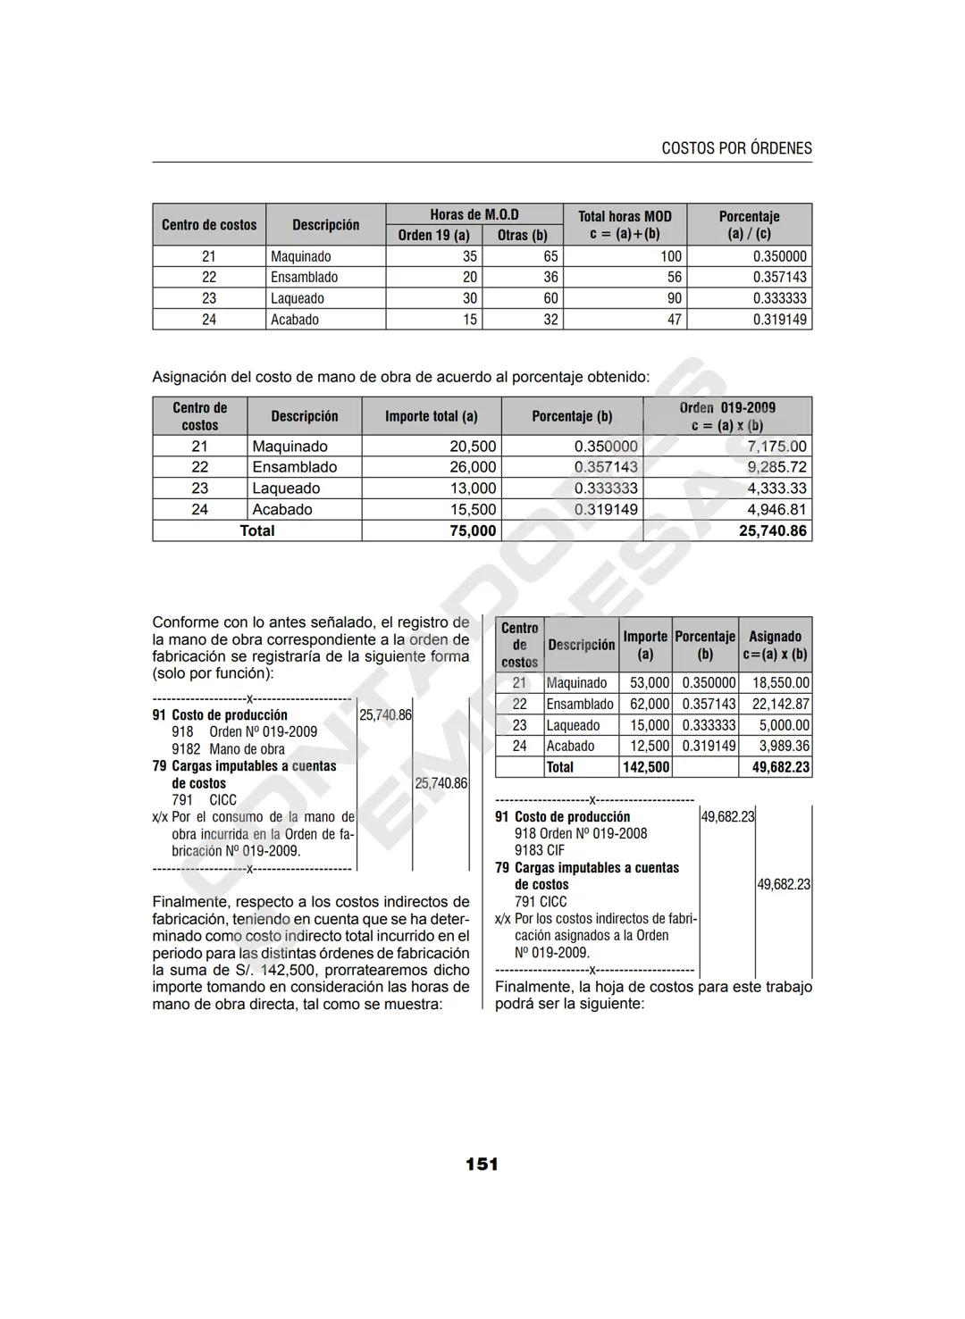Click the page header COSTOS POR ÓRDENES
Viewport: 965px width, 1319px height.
click(736, 148)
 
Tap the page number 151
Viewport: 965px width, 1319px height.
click(482, 1164)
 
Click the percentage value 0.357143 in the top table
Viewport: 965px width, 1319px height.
click(779, 277)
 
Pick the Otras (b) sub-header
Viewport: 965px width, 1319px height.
click(522, 235)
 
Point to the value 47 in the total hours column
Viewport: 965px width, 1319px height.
click(675, 320)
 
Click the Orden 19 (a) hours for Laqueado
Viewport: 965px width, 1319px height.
click(469, 298)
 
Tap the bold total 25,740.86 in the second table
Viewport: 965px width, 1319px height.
click(772, 530)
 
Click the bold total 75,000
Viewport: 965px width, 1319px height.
click(472, 530)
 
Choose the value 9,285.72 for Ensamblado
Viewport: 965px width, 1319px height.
click(776, 467)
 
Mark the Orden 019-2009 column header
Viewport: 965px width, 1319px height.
click(727, 416)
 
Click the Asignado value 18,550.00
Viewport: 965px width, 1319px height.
click(780, 683)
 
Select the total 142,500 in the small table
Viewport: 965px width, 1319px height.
click(645, 767)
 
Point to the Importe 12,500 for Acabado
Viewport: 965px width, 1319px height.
click(650, 746)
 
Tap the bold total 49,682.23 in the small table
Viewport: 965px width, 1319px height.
click(780, 767)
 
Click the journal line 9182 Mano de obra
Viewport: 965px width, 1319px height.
click(229, 749)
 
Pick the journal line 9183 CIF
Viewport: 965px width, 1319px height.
click(540, 850)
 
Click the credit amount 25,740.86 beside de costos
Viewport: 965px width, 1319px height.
click(441, 783)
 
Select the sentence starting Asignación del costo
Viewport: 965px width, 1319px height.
click(401, 377)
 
